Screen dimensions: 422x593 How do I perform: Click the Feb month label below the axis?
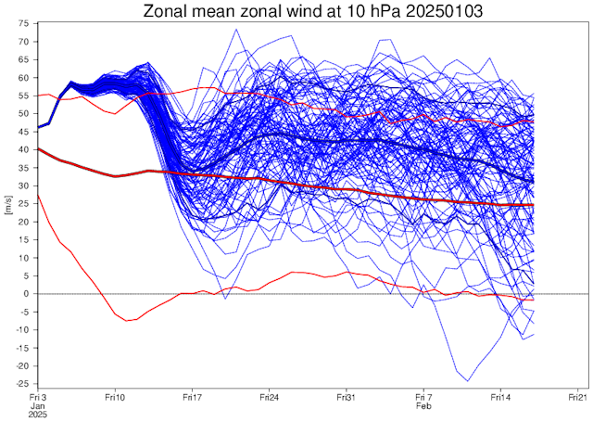pos(423,405)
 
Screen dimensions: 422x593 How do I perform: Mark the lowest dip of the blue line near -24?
pos(468,381)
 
